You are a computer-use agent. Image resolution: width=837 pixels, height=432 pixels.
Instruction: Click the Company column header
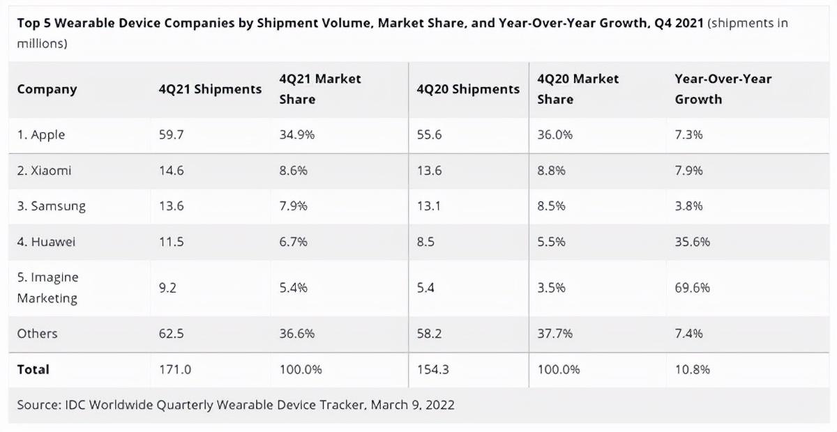pos(47,89)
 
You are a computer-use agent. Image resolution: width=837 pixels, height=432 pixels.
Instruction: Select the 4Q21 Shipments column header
pos(210,89)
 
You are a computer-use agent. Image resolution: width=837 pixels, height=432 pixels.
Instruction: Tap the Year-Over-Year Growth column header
pos(723,89)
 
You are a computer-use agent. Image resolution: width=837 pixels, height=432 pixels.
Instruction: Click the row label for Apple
pos(41,135)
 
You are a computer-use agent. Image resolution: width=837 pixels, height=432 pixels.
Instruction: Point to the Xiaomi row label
pos(44,171)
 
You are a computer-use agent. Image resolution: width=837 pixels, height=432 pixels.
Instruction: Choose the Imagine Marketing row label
pos(47,288)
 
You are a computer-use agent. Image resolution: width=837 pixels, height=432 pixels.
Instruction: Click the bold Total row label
pos(33,369)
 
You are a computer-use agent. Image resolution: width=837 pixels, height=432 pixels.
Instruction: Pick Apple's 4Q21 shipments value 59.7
pos(171,135)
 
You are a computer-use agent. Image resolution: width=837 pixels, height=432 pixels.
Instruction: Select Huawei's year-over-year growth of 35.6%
pos(693,242)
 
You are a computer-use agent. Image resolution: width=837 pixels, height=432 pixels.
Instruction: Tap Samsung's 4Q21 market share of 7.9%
pos(293,206)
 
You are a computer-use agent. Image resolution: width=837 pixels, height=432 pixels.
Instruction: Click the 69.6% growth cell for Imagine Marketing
pos(693,288)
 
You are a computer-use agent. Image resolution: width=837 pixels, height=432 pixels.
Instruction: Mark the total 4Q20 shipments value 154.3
pos(432,369)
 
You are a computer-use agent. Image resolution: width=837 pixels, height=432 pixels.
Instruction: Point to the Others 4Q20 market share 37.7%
pos(555,334)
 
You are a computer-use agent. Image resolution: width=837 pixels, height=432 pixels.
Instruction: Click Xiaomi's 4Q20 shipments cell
pos(428,171)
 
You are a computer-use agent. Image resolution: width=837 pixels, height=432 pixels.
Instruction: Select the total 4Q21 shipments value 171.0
pos(174,369)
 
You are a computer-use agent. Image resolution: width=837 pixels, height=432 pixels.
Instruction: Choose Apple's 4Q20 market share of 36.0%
pos(555,135)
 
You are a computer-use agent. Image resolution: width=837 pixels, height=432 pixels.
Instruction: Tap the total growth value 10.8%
pos(693,369)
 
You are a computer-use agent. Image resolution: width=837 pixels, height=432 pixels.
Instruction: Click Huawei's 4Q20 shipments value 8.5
pos(425,242)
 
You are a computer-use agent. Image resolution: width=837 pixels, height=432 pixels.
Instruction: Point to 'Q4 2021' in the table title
pos(679,23)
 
